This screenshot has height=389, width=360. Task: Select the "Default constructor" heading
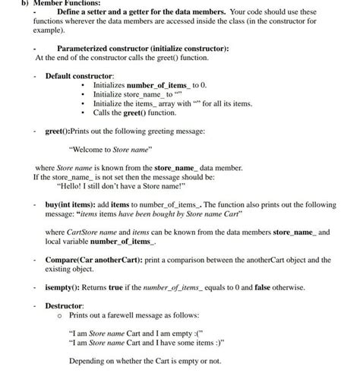tap(80, 77)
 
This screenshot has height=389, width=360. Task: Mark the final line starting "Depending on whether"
tap(144, 360)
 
